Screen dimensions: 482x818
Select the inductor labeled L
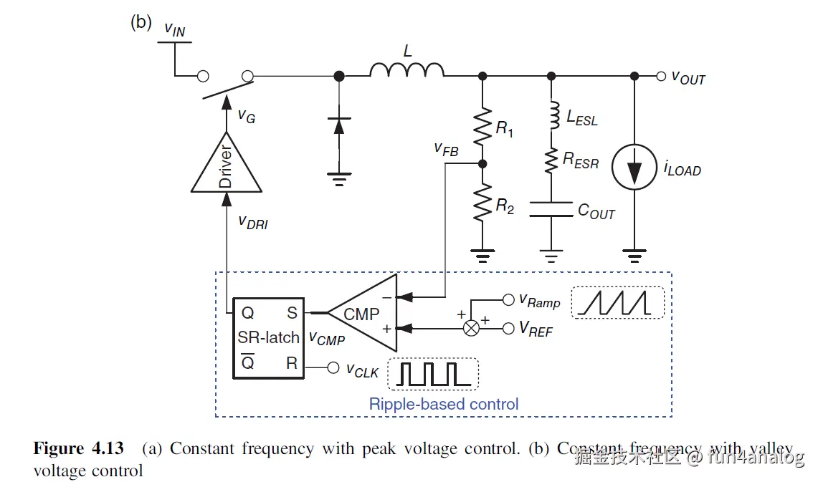click(x=406, y=69)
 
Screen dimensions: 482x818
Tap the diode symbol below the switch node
click(x=339, y=125)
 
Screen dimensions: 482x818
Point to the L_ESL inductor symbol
click(x=551, y=115)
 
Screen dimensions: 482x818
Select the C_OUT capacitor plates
click(x=551, y=209)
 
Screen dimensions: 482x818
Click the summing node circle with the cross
click(x=472, y=328)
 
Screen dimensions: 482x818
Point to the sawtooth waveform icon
click(x=618, y=302)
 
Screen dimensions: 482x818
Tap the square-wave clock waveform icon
click(x=433, y=374)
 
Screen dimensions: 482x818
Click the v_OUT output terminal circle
click(x=661, y=76)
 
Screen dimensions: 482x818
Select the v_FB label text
click(x=446, y=148)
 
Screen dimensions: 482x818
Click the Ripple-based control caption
click(x=444, y=404)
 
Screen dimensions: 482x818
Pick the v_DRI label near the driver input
click(x=252, y=221)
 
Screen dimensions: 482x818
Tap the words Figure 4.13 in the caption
click(x=78, y=449)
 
